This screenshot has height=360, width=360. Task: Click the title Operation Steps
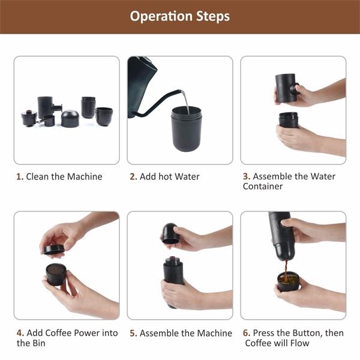tap(180, 17)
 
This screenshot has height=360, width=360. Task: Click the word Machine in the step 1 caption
tap(85, 176)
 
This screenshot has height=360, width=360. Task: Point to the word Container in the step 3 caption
tap(263, 186)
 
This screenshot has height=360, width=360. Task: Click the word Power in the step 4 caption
tap(89, 333)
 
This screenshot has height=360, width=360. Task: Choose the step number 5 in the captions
tap(133, 333)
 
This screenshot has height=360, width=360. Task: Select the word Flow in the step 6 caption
tap(299, 343)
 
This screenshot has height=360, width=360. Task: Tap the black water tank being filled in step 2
tap(187, 129)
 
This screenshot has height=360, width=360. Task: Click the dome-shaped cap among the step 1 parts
tap(70, 119)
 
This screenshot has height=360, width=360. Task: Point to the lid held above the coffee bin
tap(54, 250)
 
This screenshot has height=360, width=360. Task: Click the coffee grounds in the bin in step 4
tap(56, 270)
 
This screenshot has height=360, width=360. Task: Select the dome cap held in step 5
tap(170, 233)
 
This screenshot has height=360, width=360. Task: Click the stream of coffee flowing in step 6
tap(286, 271)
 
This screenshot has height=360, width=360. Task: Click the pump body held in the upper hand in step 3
tap(286, 88)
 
